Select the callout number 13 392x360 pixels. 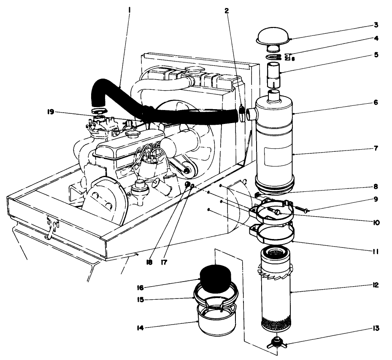pyautogui.click(x=376, y=328)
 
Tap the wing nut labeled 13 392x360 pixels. pyautogui.click(x=276, y=342)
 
